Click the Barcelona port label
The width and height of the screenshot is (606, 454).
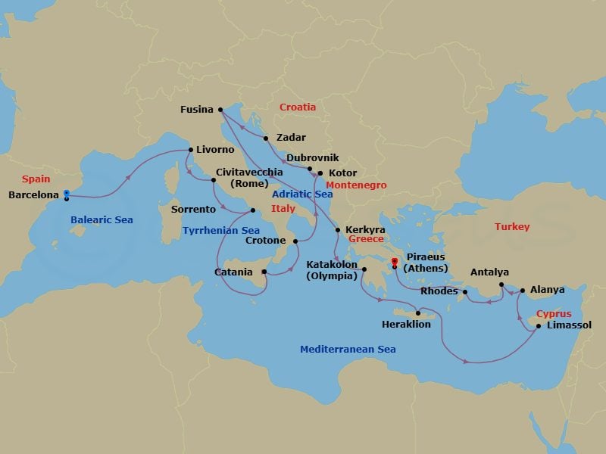33,195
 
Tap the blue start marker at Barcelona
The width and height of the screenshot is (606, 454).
67,193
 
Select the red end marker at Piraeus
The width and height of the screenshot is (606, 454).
395,263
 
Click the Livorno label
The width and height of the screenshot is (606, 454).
215,150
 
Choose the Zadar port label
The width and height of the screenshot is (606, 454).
292,138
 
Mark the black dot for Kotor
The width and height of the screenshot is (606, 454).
320,173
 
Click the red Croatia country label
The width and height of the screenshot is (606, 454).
298,107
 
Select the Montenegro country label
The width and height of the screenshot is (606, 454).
356,185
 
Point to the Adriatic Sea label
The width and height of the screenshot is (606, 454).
302,194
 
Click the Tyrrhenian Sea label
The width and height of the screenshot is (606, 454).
221,230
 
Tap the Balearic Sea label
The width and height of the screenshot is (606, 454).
102,220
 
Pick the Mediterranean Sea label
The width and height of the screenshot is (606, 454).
348,350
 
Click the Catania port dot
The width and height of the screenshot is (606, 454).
264,271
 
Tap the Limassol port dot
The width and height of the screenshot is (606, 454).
538,326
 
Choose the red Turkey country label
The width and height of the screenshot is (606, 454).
512,227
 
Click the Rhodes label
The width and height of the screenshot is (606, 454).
439,291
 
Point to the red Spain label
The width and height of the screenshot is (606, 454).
36,179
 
